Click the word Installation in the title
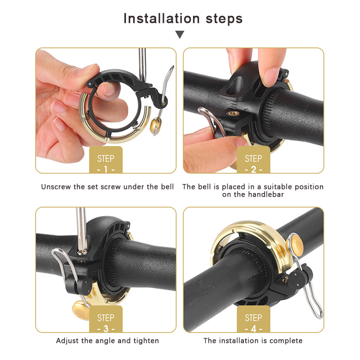point(162,18)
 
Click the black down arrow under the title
point(180,35)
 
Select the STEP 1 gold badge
point(106,160)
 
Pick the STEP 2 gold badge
point(253,160)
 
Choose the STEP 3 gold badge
point(106,319)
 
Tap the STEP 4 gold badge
point(253,319)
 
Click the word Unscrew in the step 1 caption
point(56,187)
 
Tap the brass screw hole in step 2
point(234,113)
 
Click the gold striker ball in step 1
point(155,125)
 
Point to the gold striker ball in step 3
point(81,311)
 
